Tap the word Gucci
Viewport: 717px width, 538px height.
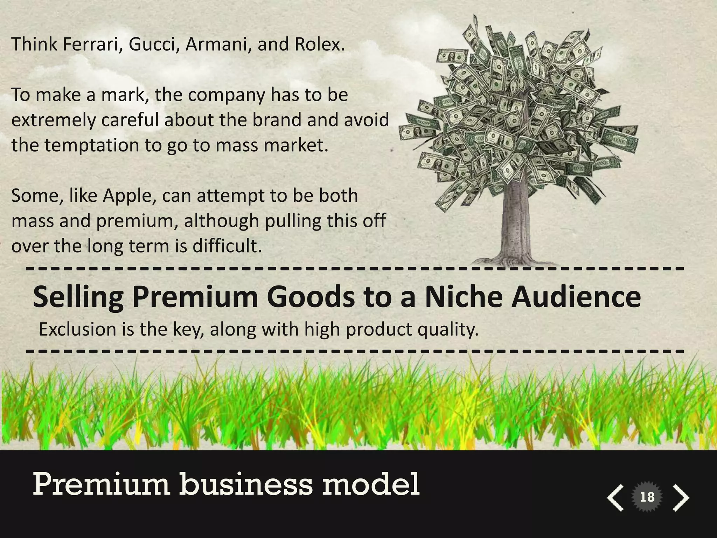(x=152, y=44)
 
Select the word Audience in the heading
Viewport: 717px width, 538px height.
(x=576, y=297)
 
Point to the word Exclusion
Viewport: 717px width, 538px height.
(x=77, y=330)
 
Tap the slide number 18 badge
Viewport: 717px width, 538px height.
(x=647, y=497)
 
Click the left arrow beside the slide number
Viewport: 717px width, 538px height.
(x=615, y=497)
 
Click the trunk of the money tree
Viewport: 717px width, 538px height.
(x=516, y=224)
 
